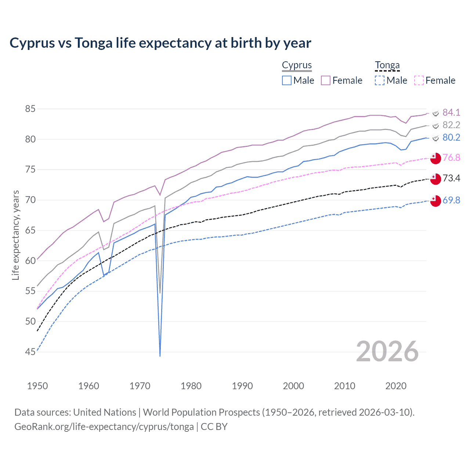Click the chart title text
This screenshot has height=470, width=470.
tap(160, 43)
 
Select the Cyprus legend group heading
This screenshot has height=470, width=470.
tap(297, 65)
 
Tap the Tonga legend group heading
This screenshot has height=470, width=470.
tap(387, 65)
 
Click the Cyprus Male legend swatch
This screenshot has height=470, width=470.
tap(287, 80)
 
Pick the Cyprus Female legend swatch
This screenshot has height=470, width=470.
tap(326, 80)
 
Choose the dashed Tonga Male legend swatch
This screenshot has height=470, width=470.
tap(380, 80)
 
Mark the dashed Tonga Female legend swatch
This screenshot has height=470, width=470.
tap(419, 80)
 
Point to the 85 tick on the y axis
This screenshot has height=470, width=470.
tap(30, 109)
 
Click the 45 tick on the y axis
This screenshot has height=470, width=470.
tap(30, 352)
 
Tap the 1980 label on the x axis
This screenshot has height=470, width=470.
tap(191, 386)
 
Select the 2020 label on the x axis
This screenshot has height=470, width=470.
tap(396, 386)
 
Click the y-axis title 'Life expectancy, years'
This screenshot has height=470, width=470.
tap(15, 235)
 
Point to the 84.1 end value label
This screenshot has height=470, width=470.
tap(451, 112)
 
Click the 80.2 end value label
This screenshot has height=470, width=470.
tap(451, 137)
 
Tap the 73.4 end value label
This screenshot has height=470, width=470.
tap(451, 178)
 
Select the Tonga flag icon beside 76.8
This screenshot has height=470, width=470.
tap(435, 158)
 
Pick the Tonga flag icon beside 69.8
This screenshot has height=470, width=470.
tap(435, 201)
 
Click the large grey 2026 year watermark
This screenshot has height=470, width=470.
tap(387, 351)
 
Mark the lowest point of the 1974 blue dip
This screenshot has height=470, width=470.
tap(160, 356)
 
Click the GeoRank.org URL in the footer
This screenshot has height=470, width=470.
tap(104, 427)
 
